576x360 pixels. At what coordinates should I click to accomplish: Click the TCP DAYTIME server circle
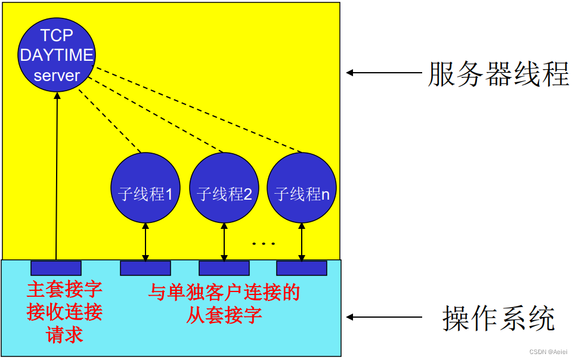[56, 55]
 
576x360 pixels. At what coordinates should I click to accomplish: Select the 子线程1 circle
[145, 187]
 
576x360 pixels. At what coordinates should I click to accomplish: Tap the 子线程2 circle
[224, 187]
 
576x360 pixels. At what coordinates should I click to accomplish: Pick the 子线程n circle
[302, 187]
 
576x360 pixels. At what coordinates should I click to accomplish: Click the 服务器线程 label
[498, 74]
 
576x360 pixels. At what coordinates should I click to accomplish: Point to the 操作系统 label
[498, 318]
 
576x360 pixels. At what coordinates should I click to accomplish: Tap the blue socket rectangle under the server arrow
[56, 268]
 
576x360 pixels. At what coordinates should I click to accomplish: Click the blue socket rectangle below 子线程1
[145, 268]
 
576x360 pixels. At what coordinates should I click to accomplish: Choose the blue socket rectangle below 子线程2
[224, 268]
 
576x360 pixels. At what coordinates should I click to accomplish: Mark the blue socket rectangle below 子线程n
[302, 268]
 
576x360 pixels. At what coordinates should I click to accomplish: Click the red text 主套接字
[64, 290]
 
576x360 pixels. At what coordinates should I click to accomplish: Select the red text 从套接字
[224, 315]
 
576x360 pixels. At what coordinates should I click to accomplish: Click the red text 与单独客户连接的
[224, 292]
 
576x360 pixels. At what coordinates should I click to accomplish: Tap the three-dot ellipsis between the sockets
[263, 244]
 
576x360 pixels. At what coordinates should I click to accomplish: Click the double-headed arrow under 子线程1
[145, 241]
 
